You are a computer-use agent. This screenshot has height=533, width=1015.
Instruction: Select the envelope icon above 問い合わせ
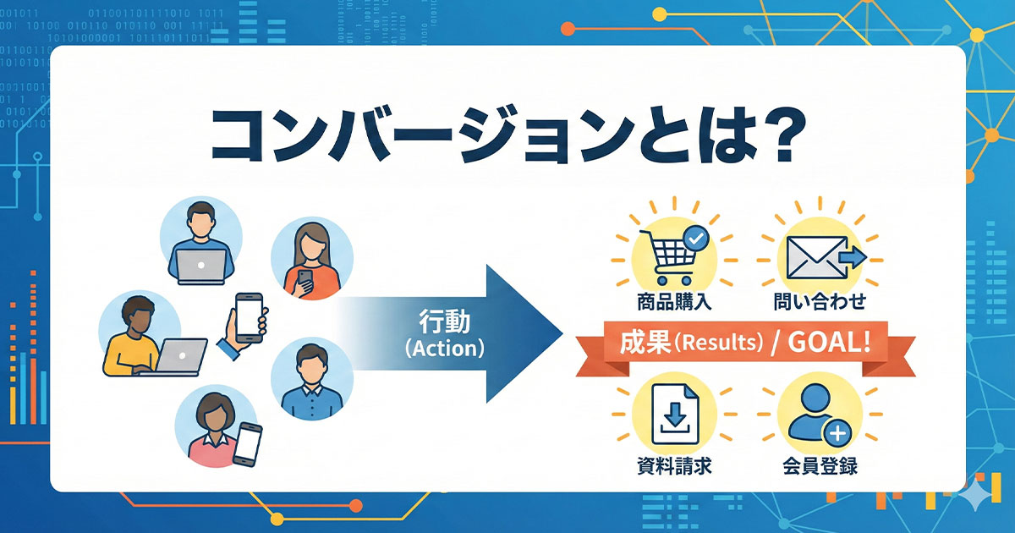click(x=812, y=256)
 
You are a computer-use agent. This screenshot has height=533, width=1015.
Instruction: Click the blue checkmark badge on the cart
click(x=695, y=239)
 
